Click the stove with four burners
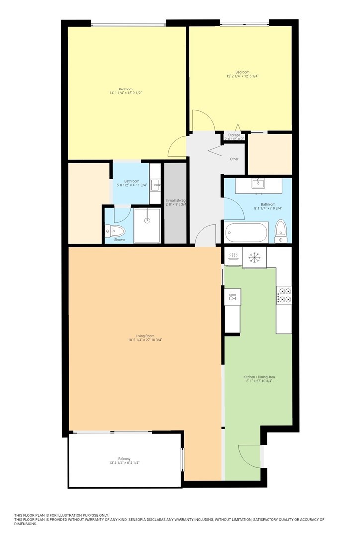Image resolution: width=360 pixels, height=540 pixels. click(284, 295)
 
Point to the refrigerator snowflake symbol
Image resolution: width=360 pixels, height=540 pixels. click(254, 257)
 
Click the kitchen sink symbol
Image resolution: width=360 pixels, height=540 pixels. click(233, 297)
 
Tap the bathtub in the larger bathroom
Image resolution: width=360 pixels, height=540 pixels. click(246, 233)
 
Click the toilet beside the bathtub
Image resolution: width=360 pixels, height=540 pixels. click(281, 231)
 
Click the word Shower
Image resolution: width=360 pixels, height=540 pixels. click(120, 240)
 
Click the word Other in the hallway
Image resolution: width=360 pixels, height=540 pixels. click(234, 159)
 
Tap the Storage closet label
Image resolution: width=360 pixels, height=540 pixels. click(234, 135)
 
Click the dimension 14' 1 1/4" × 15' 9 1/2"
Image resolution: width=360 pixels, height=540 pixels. click(126, 93)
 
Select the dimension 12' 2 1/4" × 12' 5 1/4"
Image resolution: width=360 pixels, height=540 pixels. click(242, 76)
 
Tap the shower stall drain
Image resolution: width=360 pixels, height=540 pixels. click(148, 220)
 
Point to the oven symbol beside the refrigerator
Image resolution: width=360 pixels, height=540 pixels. click(233, 256)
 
